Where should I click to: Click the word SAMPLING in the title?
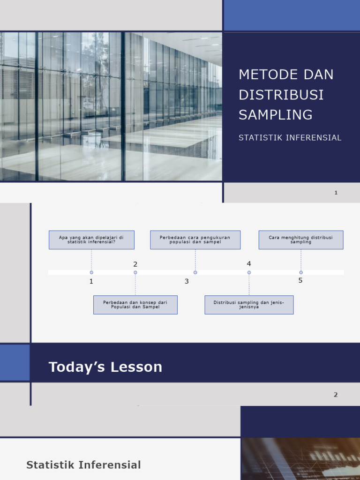click(275, 114)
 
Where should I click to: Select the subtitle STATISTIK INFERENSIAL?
click(290, 138)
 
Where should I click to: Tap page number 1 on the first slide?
click(336, 193)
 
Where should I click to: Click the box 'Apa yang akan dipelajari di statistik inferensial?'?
click(91, 240)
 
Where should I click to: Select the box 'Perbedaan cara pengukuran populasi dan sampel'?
click(195, 240)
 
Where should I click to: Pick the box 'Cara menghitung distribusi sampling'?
click(300, 240)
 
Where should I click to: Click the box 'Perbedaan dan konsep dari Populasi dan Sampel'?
click(135, 305)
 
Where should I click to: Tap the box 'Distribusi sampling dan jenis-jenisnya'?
click(249, 305)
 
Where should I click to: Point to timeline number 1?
click(91, 281)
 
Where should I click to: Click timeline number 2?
click(135, 264)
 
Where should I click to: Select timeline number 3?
click(187, 281)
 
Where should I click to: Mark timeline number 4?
click(249, 264)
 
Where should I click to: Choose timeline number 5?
click(300, 280)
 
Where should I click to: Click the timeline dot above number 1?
click(91, 272)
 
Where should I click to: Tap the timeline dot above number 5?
click(301, 272)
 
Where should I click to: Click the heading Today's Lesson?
click(105, 367)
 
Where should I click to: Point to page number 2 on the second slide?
click(336, 395)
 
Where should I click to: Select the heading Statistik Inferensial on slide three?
click(83, 465)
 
